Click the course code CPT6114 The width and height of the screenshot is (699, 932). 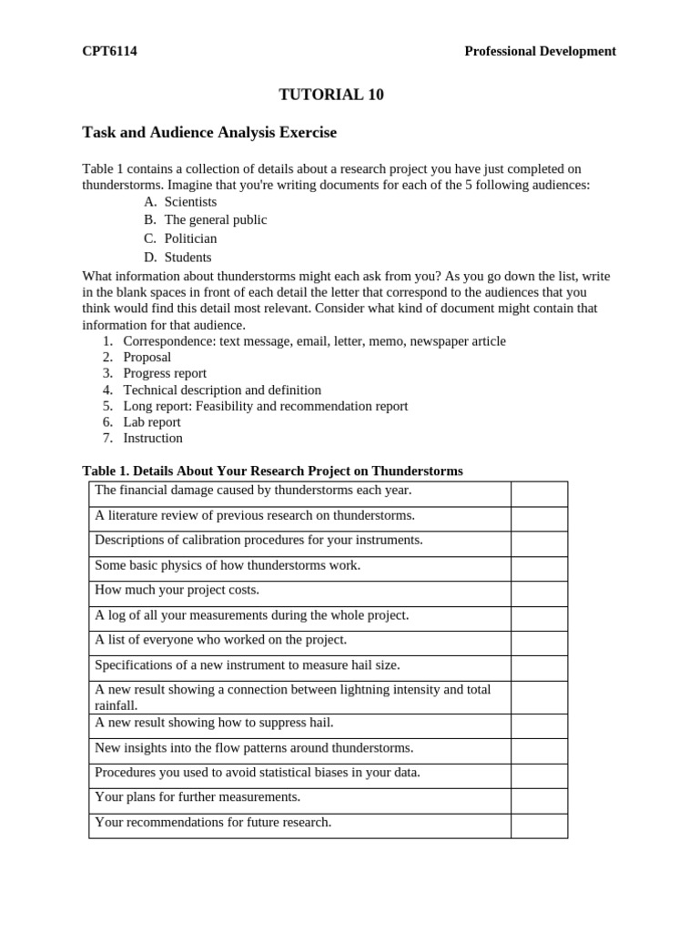(109, 51)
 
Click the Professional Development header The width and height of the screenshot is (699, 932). (540, 51)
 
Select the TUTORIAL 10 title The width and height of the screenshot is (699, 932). (330, 95)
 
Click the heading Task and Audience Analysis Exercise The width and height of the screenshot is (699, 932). (209, 133)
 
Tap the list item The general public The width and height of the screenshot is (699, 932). (215, 219)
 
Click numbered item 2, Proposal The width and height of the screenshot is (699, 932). (147, 357)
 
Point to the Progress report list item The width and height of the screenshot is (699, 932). (165, 373)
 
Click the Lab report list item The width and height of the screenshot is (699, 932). (152, 422)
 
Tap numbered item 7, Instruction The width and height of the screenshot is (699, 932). (153, 438)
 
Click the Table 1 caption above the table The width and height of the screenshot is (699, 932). (272, 471)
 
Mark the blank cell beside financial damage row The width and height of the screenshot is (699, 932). (539, 493)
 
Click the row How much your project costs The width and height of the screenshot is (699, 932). (177, 591)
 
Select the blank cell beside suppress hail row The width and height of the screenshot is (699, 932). (539, 725)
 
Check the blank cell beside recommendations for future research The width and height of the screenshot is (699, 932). (539, 826)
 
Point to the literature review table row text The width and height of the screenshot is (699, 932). (255, 516)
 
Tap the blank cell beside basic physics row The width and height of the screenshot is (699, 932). (539, 568)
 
